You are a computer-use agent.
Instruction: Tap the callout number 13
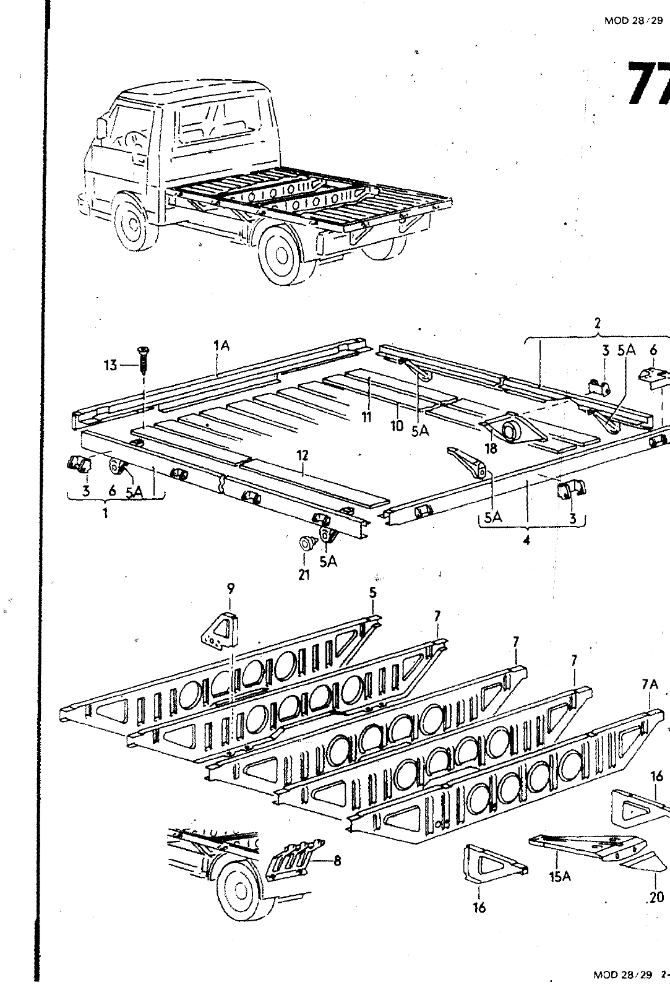(x=110, y=366)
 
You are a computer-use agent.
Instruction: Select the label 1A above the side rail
(x=221, y=346)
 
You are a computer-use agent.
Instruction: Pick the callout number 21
(x=304, y=575)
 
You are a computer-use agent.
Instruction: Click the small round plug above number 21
(x=306, y=544)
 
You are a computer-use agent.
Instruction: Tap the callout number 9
(x=230, y=587)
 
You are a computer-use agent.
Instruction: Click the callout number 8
(x=337, y=860)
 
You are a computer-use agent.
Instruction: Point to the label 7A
(x=647, y=684)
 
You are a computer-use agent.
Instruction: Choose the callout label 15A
(x=559, y=876)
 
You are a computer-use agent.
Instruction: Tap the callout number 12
(x=303, y=455)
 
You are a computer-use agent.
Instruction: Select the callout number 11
(x=367, y=418)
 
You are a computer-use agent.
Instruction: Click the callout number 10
(x=397, y=426)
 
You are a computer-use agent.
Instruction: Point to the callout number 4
(x=526, y=540)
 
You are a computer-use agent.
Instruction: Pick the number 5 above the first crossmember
(x=372, y=593)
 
